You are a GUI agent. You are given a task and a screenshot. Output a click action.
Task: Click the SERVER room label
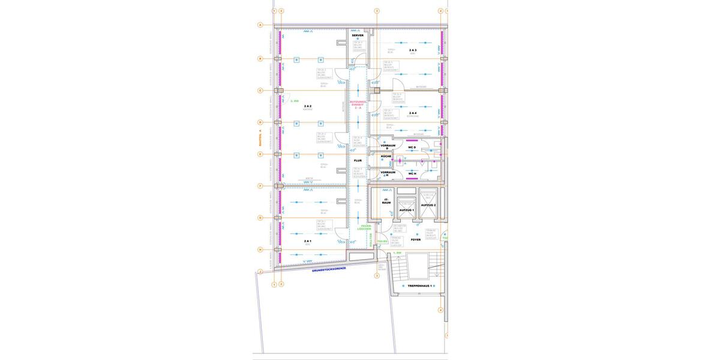coord(358,35)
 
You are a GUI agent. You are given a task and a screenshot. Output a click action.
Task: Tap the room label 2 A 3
coord(413,50)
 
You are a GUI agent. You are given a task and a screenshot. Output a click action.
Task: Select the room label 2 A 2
coord(308,106)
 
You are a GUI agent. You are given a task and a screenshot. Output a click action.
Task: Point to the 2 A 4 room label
coord(413,113)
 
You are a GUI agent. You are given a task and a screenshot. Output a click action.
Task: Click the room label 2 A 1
coord(308,241)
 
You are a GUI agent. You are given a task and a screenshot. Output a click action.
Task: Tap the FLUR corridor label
coord(358,161)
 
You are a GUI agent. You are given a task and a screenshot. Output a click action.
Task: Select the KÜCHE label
coord(386,157)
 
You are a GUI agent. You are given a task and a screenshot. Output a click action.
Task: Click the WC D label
coord(412,146)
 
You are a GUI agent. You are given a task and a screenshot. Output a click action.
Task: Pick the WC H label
coord(412,173)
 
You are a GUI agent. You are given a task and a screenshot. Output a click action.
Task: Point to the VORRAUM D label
coord(388,146)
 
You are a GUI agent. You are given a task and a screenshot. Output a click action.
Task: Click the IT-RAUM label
coord(386,202)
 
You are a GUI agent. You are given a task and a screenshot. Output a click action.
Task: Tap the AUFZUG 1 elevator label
coord(407,210)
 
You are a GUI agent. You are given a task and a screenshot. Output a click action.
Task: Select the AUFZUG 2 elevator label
coord(428,205)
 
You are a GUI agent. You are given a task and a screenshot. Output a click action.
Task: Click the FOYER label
coord(416,239)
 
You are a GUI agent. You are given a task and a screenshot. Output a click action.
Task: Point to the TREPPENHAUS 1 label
coord(420,286)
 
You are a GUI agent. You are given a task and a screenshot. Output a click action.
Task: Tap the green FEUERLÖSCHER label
coord(364,227)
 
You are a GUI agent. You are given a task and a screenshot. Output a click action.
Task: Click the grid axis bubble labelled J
coord(260,272)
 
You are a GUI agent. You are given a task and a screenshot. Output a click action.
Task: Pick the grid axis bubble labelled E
coord(260,154)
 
